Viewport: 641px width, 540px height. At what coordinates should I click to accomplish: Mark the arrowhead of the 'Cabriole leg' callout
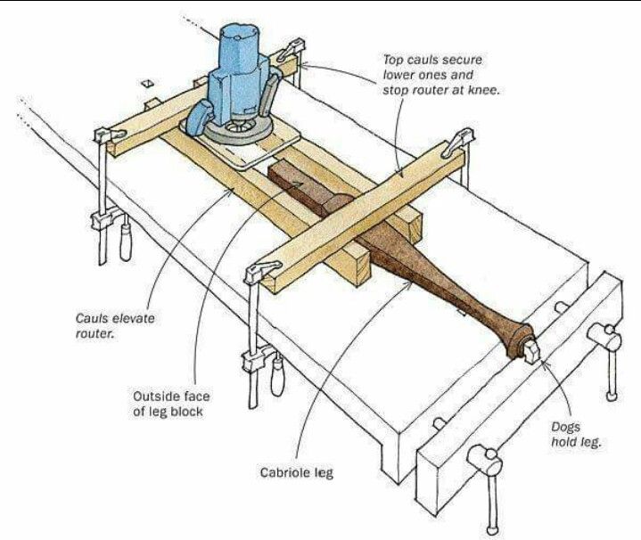[411, 277]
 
